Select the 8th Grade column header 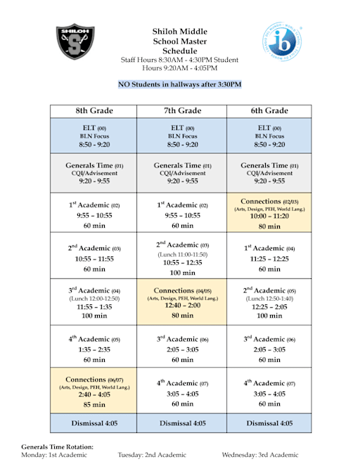pyautogui.click(x=95, y=111)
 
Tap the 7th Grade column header pyautogui.click(x=182, y=111)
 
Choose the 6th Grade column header pyautogui.click(x=269, y=111)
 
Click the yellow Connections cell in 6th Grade pyautogui.click(x=269, y=214)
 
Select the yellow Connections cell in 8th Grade pyautogui.click(x=95, y=391)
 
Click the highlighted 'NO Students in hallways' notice pyautogui.click(x=180, y=85)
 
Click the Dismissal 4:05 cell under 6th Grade pyautogui.click(x=269, y=423)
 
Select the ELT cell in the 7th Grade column pyautogui.click(x=182, y=136)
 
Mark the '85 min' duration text pyautogui.click(x=95, y=405)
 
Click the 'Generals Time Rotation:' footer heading pyautogui.click(x=57, y=447)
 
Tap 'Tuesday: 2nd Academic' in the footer pyautogui.click(x=152, y=455)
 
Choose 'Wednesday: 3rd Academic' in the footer pyautogui.click(x=260, y=455)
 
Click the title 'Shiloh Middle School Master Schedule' pyautogui.click(x=180, y=41)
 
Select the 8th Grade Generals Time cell pyautogui.click(x=95, y=172)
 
